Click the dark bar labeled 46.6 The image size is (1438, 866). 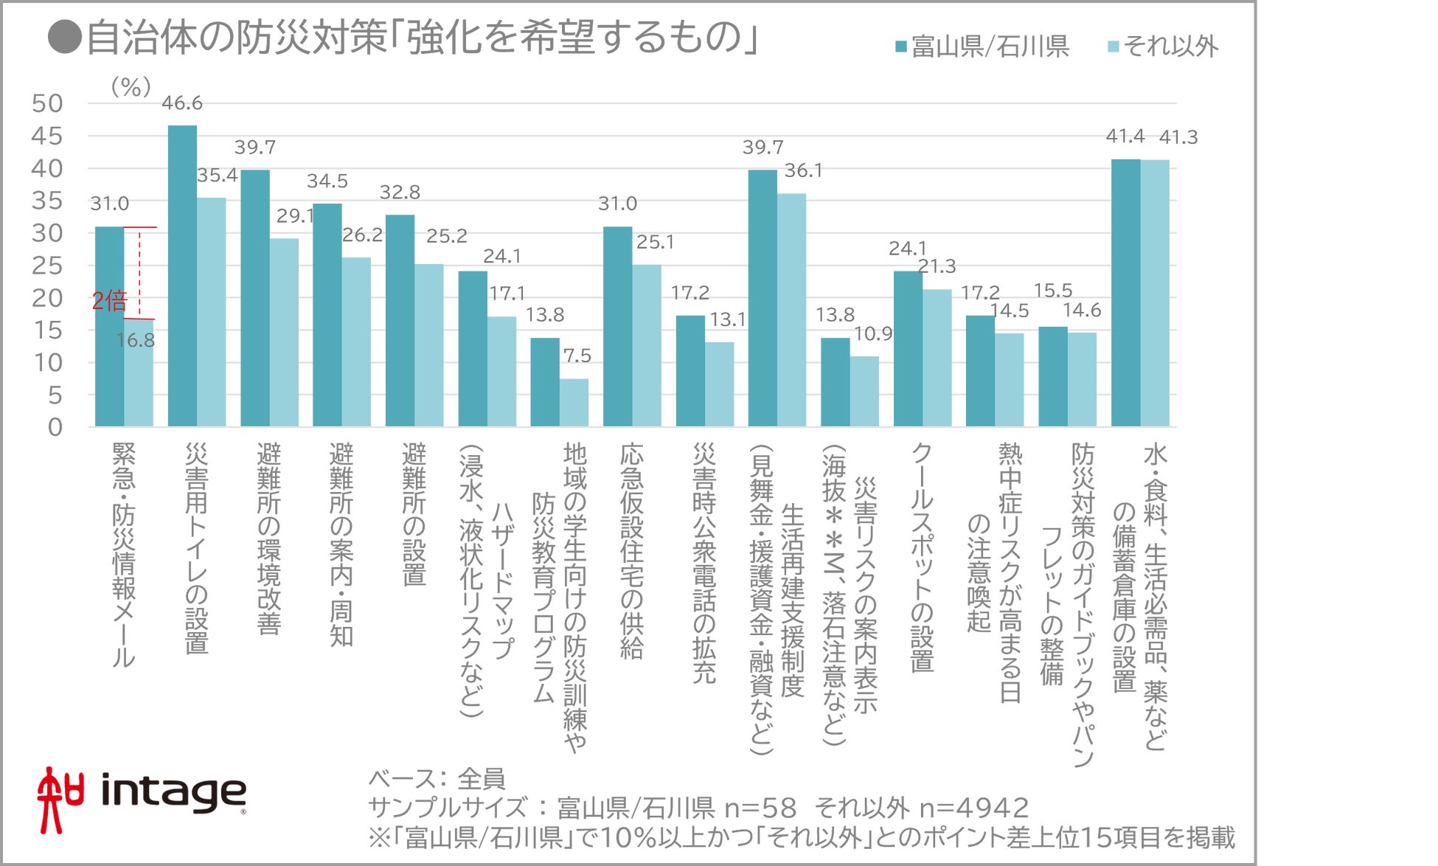tap(182, 276)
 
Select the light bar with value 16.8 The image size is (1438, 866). tap(139, 373)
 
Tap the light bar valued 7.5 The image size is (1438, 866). tap(574, 403)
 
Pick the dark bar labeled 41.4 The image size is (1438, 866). tap(1125, 293)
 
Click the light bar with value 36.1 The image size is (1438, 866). tap(791, 310)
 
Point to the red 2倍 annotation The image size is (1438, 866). tap(109, 301)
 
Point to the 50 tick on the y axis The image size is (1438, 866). tap(47, 103)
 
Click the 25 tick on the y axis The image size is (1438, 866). tap(47, 266)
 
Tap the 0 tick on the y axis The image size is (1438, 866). tap(55, 427)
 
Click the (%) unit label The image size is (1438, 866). tap(131, 87)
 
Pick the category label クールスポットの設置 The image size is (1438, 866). tap(922, 557)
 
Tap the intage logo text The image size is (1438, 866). tap(173, 792)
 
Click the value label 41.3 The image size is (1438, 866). tap(1178, 137)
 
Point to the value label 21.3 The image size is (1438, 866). tap(937, 266)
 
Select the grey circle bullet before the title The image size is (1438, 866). tap(64, 38)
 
